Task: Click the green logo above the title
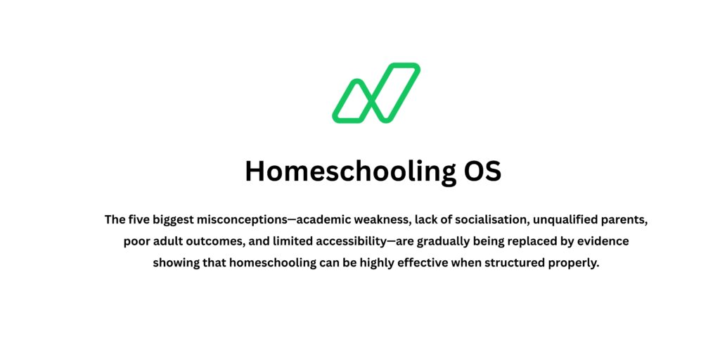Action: point(376,93)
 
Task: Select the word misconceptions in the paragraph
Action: point(240,219)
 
